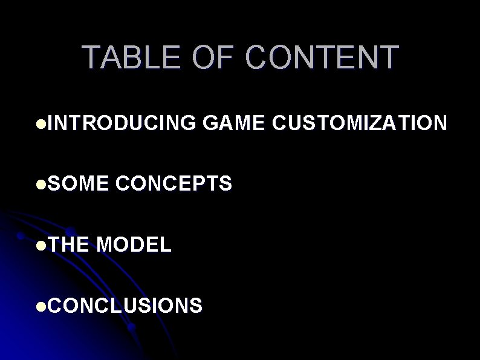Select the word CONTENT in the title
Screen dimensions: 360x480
322,57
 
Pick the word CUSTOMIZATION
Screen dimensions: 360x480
360,123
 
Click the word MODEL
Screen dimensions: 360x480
134,244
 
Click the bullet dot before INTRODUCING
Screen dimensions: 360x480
40,124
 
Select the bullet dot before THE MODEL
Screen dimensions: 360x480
40,245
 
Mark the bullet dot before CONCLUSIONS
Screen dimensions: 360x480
40,306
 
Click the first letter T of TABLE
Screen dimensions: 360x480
92,57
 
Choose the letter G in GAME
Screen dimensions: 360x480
212,123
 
